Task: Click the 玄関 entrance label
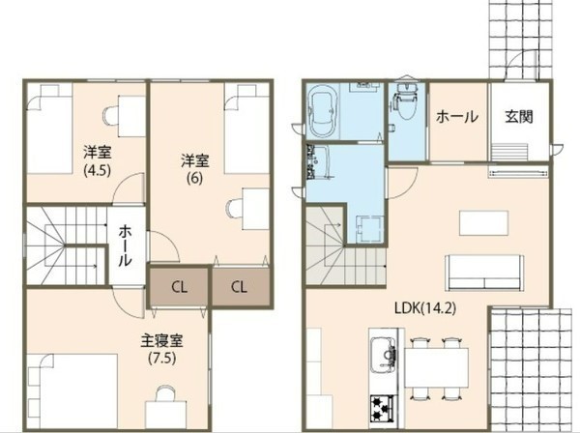tap(519, 117)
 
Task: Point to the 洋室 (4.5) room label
tap(95, 159)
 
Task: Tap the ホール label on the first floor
tap(457, 117)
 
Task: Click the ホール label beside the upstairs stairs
tap(127, 245)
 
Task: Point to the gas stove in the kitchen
tap(380, 409)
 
